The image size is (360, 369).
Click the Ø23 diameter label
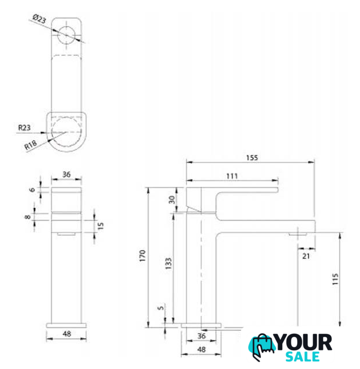click(39, 18)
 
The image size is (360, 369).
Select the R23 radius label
click(24, 128)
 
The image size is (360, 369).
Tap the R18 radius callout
click(31, 145)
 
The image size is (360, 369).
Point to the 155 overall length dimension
click(252, 157)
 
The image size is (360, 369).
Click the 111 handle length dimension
click(232, 176)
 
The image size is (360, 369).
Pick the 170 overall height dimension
click(142, 256)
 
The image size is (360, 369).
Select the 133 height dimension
click(168, 263)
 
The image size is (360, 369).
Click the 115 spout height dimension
click(335, 279)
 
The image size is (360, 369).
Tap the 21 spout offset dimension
click(306, 256)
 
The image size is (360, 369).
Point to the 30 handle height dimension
click(172, 200)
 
